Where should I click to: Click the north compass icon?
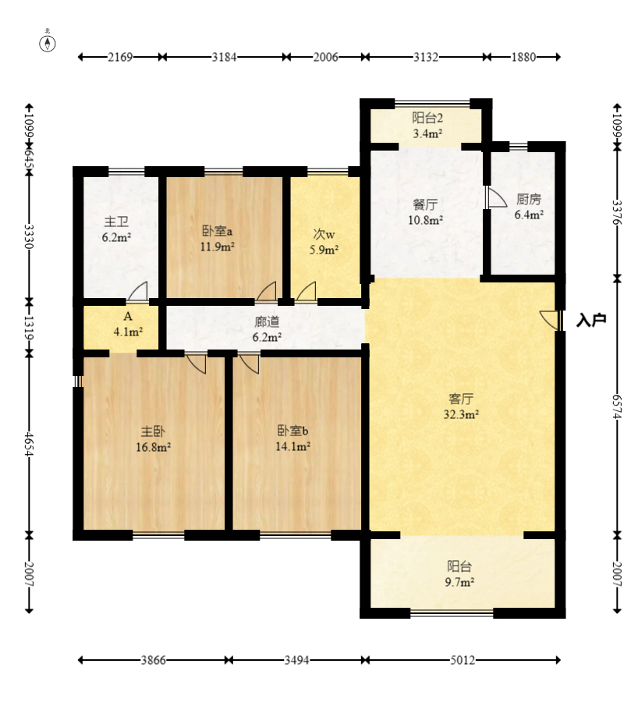pos(48,43)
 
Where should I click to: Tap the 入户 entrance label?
pos(591,320)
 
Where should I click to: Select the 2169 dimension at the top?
pos(120,57)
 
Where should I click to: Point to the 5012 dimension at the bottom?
pos(463,660)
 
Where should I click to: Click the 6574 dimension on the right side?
pos(618,406)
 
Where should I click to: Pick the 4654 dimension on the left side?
pos(30,444)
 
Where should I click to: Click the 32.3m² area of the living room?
pos(461,415)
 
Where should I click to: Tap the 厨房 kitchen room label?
pos(529,200)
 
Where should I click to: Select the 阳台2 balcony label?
pos(427,118)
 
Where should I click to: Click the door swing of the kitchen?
pos(497,197)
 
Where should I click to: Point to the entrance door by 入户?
pos(550,320)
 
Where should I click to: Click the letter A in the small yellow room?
pos(128,317)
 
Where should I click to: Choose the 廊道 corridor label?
pos(267,322)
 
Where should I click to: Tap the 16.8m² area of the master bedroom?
pos(153,447)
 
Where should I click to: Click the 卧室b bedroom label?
pos(293,431)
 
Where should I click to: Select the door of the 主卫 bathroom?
pos(138,291)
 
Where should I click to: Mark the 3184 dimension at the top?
pos(224,57)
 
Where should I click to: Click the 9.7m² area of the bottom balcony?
pos(459,583)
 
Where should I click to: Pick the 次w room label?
pos(324,234)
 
